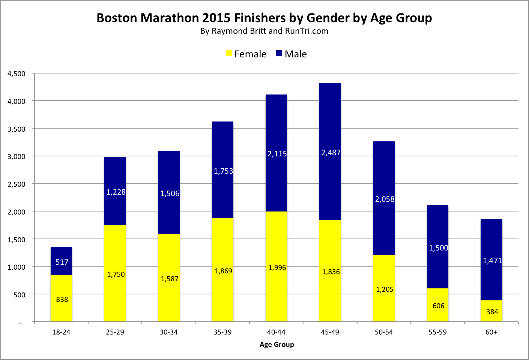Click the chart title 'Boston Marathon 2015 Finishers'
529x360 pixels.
click(x=264, y=18)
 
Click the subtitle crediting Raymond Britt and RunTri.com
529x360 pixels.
click(x=264, y=31)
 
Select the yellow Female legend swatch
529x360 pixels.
click(x=228, y=54)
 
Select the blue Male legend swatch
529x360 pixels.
click(x=279, y=54)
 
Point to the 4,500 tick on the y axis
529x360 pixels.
click(x=17, y=74)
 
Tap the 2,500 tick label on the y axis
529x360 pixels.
click(x=17, y=184)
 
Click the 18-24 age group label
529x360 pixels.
click(x=61, y=332)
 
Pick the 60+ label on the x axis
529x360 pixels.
click(x=491, y=332)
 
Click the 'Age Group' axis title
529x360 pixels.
click(x=277, y=345)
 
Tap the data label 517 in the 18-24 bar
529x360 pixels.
click(x=62, y=262)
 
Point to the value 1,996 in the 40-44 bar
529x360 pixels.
click(x=277, y=268)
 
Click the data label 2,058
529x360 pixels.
click(x=385, y=199)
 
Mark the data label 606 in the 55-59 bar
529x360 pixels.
click(x=438, y=306)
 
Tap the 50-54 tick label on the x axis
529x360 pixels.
click(x=384, y=332)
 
